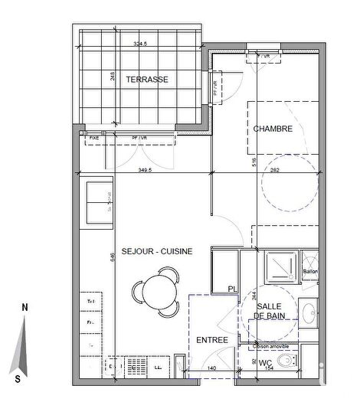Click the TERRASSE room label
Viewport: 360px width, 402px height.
tap(147, 80)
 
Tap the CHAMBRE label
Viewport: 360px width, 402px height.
tap(273, 129)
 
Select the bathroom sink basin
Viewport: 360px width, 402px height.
tap(308, 314)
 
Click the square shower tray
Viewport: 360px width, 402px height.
tap(280, 269)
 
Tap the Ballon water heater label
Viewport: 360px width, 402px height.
tap(310, 270)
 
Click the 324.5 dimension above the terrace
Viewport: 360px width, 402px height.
tap(139, 44)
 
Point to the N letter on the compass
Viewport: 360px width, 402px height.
tap(25, 307)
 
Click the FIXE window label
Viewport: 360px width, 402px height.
tap(93, 138)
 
